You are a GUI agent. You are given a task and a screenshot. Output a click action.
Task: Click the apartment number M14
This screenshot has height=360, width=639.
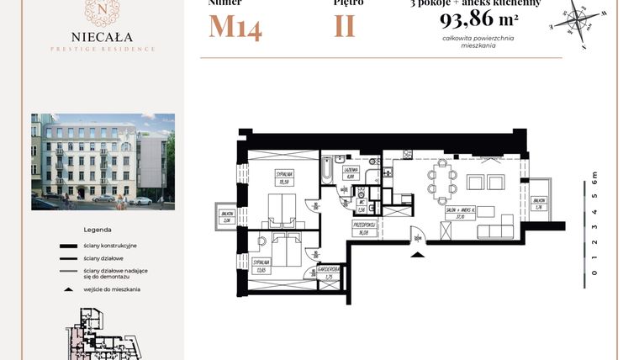[x=235, y=27]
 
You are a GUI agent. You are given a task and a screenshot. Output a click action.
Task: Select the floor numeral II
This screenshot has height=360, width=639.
[x=344, y=26]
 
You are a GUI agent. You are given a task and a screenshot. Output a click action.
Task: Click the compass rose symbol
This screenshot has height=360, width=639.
[x=577, y=17]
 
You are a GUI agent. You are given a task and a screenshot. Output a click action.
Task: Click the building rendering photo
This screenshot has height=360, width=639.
[x=103, y=161]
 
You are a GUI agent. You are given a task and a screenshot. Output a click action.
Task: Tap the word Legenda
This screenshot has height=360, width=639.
[x=98, y=229]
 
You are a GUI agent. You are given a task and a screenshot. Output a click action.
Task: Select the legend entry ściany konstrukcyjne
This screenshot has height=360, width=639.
[x=111, y=245]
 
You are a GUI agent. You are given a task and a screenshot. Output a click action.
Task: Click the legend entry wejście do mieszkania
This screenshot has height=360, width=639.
[x=111, y=289]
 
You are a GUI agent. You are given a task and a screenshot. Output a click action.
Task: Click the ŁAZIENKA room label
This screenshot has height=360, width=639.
[x=351, y=170]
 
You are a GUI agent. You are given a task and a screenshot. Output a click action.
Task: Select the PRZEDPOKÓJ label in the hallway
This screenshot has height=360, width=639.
[x=363, y=225]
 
